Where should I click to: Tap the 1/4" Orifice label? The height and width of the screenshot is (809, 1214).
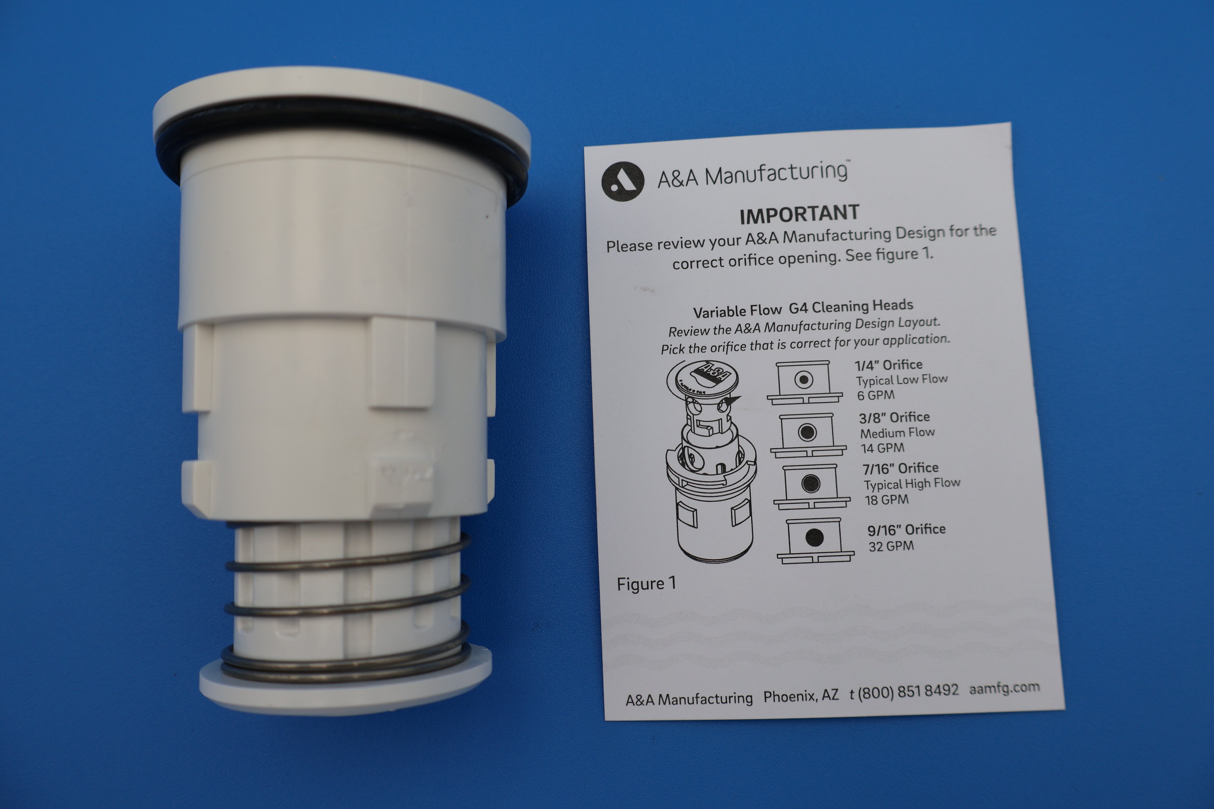click(888, 365)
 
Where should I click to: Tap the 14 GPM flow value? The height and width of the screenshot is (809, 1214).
click(882, 448)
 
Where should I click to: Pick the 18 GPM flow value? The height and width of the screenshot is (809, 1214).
click(886, 499)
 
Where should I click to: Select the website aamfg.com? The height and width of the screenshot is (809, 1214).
click(1004, 688)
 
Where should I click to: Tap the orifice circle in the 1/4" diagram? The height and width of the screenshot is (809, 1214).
click(803, 380)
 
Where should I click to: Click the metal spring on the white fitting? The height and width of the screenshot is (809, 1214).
click(347, 609)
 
